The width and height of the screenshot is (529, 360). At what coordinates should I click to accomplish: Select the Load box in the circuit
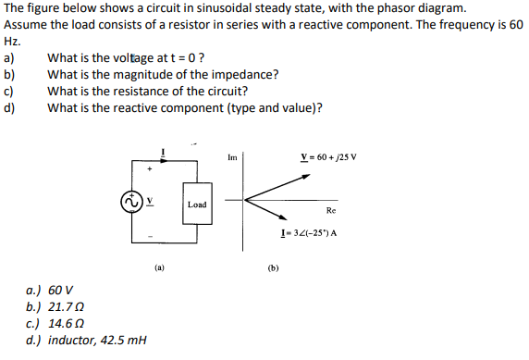coord(197,204)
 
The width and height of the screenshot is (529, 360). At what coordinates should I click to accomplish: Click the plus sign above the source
coord(146,170)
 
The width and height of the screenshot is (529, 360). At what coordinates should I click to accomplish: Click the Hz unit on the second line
coord(11,42)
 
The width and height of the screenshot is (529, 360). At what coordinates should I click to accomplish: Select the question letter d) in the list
coord(10,107)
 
